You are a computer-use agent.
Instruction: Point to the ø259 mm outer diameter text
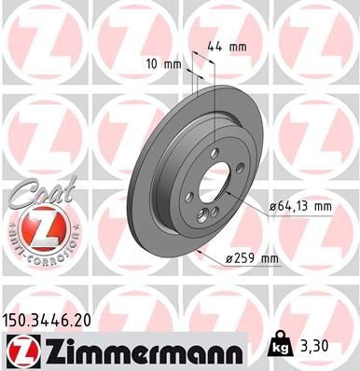pos(253,258)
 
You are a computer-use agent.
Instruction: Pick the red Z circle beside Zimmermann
pos(21,350)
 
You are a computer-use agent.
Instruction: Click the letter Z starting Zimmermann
pos(51,350)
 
